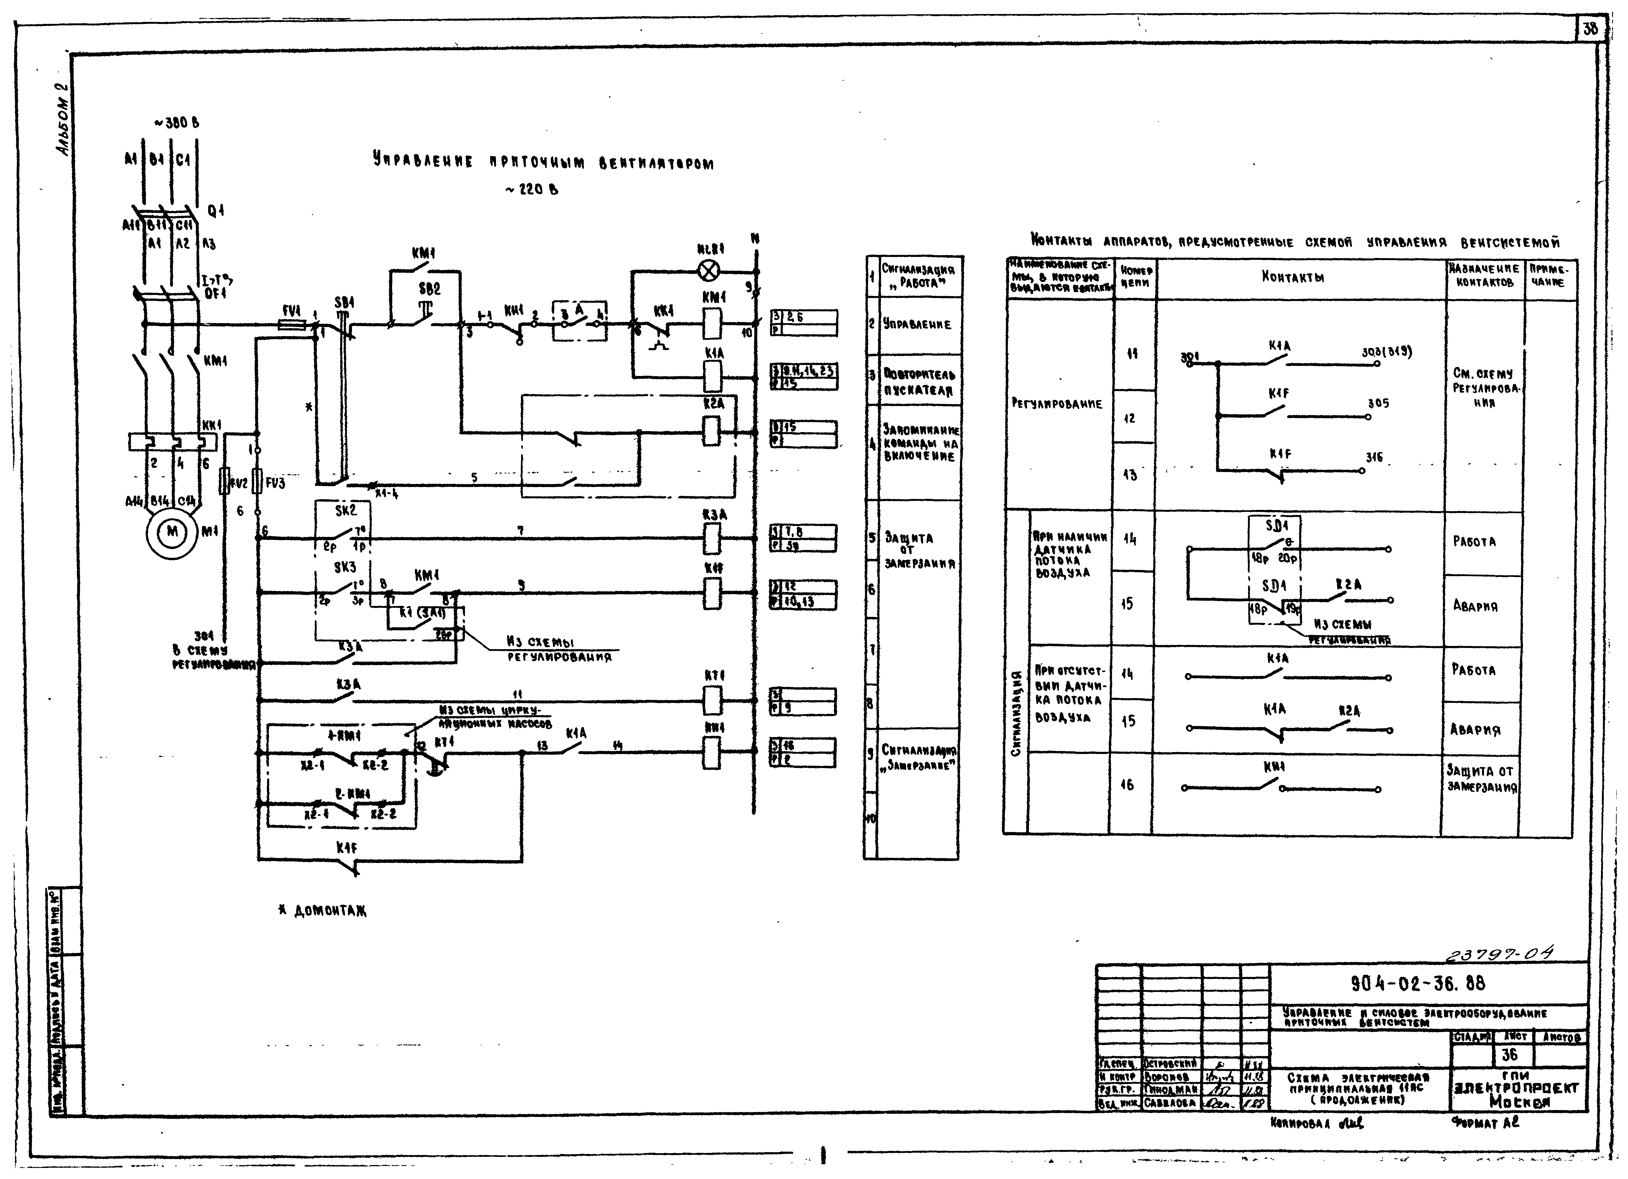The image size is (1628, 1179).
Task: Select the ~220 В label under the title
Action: pyautogui.click(x=531, y=189)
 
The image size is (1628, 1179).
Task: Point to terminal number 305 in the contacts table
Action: pyautogui.click(x=1378, y=404)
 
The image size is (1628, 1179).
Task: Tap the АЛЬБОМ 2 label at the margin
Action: pyautogui.click(x=65, y=118)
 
